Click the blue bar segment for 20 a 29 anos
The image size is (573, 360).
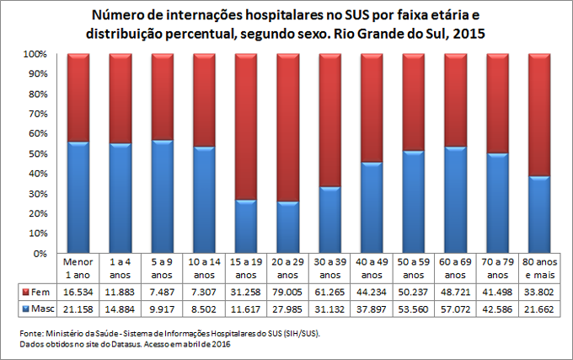287,227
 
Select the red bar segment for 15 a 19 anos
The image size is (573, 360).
245,126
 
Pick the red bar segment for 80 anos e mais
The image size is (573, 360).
539,115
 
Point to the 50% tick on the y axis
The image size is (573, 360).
44,153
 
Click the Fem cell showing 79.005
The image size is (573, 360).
287,291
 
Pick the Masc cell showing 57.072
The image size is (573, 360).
455,309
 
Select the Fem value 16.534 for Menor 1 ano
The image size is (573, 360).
78,291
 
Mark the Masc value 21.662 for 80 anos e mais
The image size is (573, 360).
539,309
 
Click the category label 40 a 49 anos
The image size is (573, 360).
372,268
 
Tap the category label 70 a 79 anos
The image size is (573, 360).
497,268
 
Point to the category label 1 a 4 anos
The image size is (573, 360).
120,268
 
